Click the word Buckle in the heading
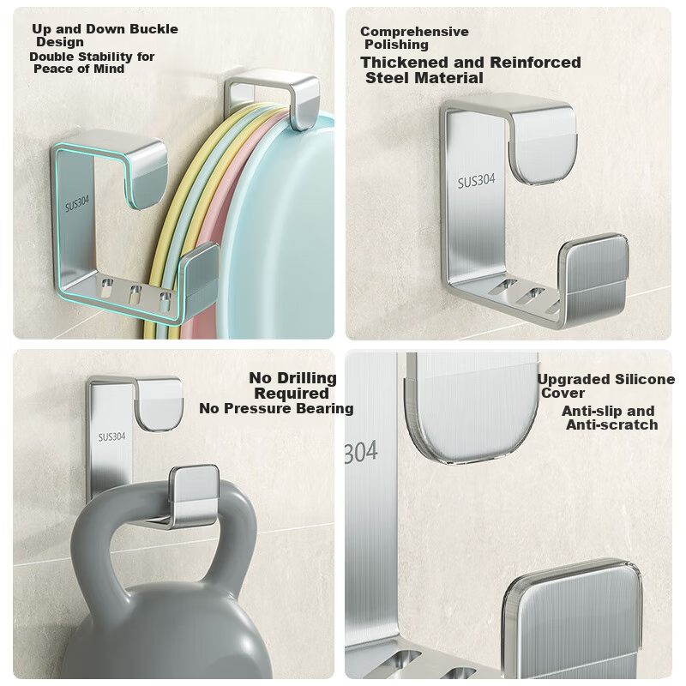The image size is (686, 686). tap(154, 29)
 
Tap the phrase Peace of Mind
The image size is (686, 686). tap(79, 69)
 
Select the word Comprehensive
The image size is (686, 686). tap(414, 32)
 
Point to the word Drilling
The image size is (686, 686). tap(307, 378)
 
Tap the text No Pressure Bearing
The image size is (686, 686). tap(276, 408)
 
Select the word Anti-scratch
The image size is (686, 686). tap(612, 424)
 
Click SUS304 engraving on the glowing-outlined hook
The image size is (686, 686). tap(77, 203)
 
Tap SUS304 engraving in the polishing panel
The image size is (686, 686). tap(477, 181)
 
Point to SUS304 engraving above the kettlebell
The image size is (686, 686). tap(111, 436)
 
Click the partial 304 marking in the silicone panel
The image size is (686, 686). tap(360, 452)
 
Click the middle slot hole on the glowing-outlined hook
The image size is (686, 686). tap(135, 294)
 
